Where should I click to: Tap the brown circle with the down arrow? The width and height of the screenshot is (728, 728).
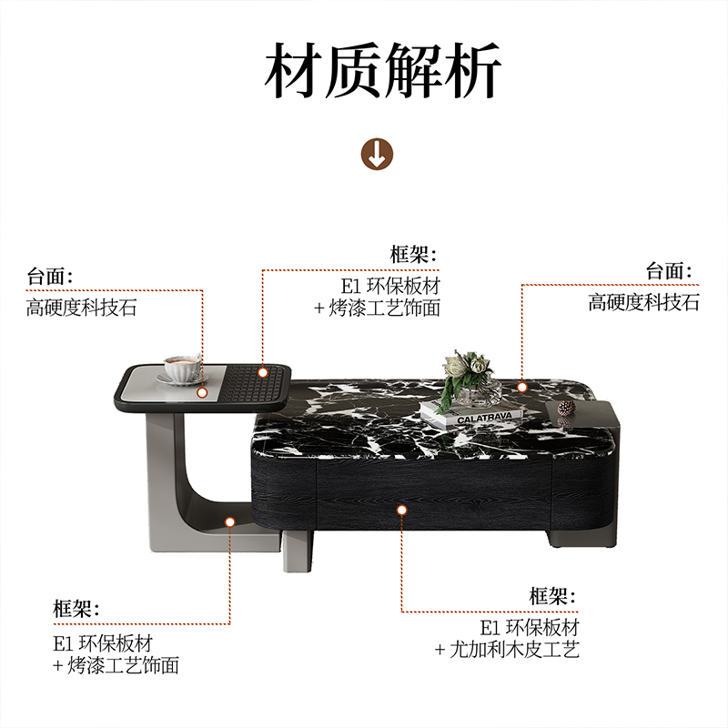[x=378, y=154]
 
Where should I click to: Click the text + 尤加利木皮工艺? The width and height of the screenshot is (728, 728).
[x=506, y=650]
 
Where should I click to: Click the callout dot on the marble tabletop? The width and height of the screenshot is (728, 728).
[x=523, y=387]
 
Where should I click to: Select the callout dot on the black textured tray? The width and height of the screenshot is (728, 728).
[x=263, y=372]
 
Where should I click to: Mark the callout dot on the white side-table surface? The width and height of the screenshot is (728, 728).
[x=202, y=393]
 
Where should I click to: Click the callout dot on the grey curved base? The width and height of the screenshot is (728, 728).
[x=230, y=522]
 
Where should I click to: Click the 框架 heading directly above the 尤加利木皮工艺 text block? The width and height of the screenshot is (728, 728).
[x=552, y=597]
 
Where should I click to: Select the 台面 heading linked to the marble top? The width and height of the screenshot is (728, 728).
[x=668, y=271]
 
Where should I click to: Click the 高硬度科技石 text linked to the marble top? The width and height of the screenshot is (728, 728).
[x=643, y=303]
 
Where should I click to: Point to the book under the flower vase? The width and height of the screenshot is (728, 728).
[x=473, y=417]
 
